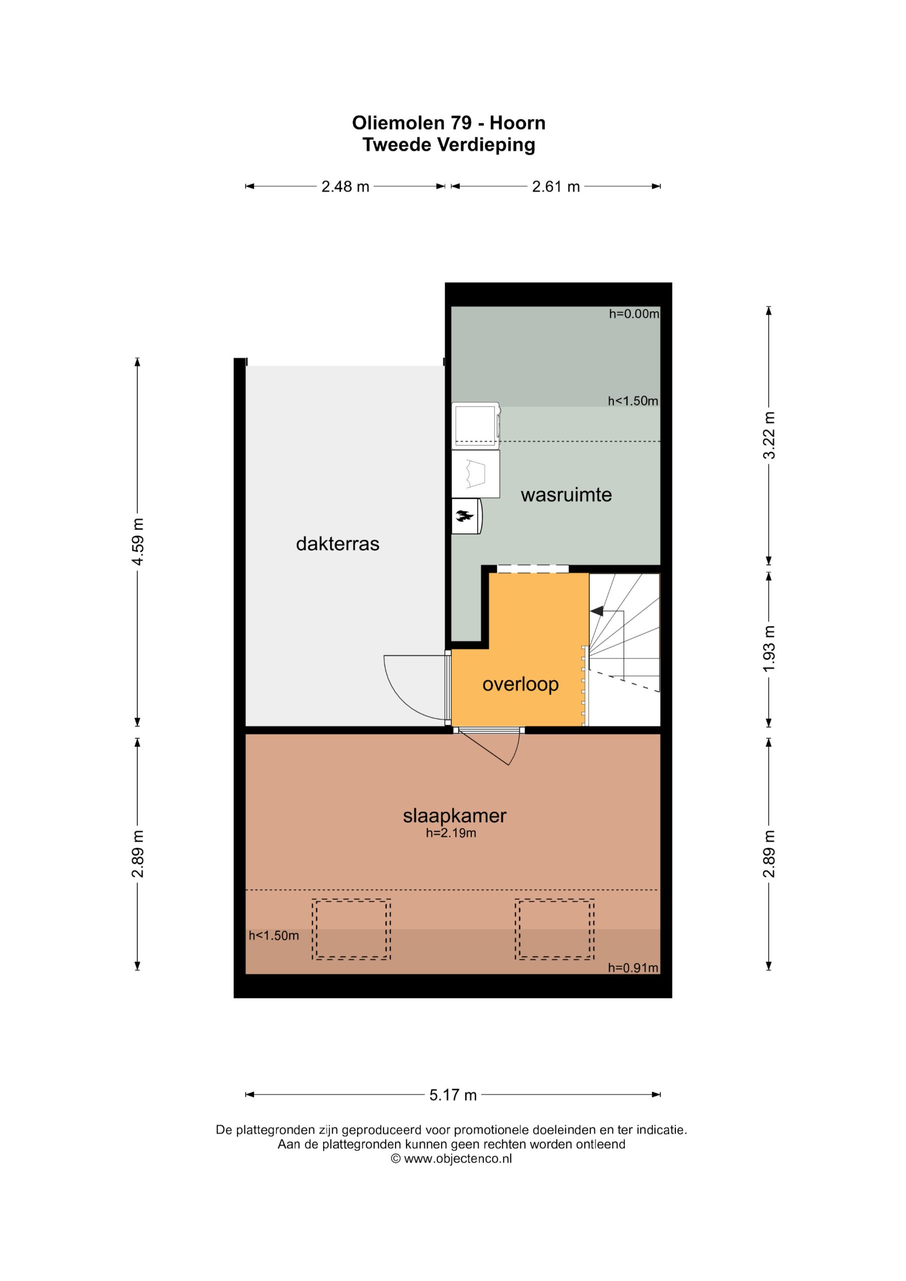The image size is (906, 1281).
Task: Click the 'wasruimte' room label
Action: (x=566, y=495)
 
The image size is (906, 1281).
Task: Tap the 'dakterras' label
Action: (x=338, y=544)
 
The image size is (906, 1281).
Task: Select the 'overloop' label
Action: (x=520, y=685)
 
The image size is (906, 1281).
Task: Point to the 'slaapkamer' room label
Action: (x=455, y=816)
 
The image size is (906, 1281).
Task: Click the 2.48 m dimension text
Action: (x=345, y=186)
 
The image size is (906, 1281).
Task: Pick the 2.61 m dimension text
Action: (x=556, y=186)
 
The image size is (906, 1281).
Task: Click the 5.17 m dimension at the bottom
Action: (x=453, y=1095)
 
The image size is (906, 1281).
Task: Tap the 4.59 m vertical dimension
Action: (x=138, y=542)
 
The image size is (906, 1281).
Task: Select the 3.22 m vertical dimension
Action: (x=769, y=435)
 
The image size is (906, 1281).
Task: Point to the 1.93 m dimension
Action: (x=769, y=650)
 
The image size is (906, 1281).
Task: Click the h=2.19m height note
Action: (x=451, y=834)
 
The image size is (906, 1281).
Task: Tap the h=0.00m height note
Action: (x=634, y=314)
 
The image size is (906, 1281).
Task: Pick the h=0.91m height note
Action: (x=633, y=968)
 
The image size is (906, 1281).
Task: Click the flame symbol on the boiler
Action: (x=464, y=516)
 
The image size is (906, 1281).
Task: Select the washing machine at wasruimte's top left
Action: (x=476, y=425)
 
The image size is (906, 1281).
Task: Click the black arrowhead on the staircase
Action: (x=597, y=611)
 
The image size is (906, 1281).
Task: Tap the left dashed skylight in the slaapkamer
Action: (x=351, y=930)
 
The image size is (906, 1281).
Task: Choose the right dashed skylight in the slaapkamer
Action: (x=554, y=930)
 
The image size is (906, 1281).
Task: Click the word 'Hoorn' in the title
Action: (x=518, y=123)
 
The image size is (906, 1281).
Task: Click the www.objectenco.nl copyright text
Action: (x=452, y=1158)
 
